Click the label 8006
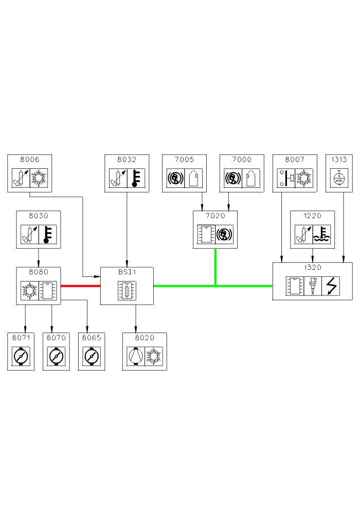tap(30, 160)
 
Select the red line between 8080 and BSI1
tap(80, 286)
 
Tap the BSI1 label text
tap(127, 273)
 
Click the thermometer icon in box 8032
tap(136, 178)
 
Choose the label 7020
tap(215, 216)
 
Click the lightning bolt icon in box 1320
tap(330, 286)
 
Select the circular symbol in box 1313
tap(339, 178)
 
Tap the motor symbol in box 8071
tap(21, 356)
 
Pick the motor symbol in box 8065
tap(92, 356)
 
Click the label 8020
tap(145, 338)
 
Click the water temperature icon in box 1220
tap(322, 234)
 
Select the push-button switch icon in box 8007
tap(285, 178)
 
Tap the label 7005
tap(184, 160)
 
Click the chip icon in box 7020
tap(206, 234)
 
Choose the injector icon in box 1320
tap(312, 286)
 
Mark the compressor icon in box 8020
tap(135, 356)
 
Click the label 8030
tap(39, 216)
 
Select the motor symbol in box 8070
tap(56, 356)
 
